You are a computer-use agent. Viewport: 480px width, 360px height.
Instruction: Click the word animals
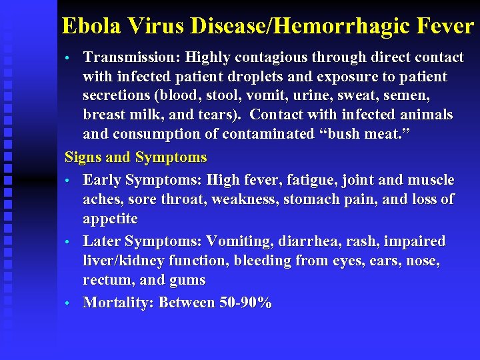point(425,115)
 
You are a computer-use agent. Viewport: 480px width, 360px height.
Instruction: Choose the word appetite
point(110,219)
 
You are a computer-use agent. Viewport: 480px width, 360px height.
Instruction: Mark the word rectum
point(107,279)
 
